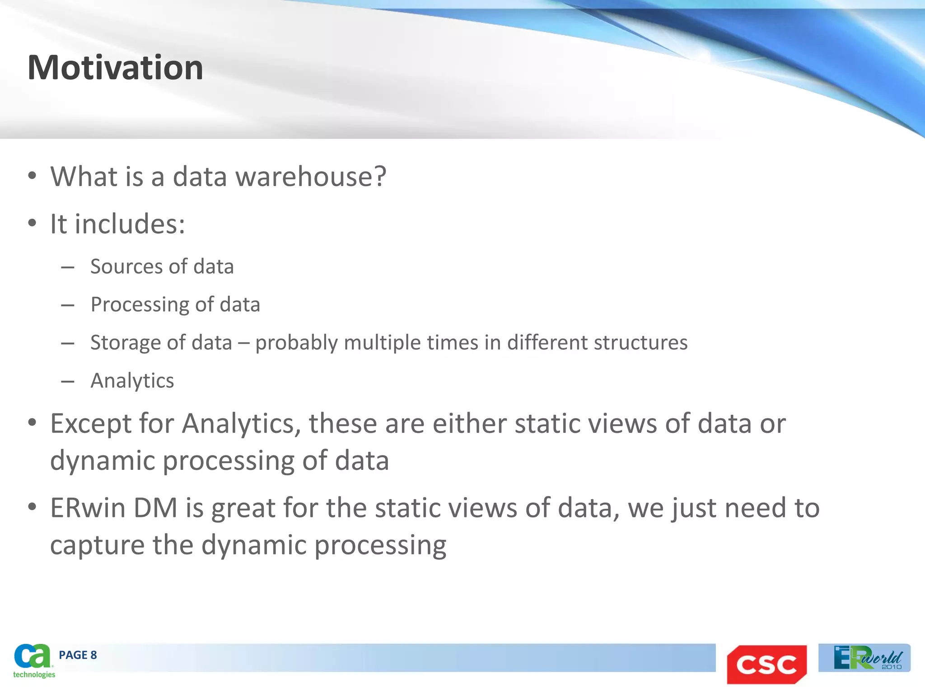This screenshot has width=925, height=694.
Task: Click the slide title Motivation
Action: pos(115,68)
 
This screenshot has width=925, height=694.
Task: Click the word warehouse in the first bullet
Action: pos(311,176)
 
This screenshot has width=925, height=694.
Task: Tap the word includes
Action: pos(130,224)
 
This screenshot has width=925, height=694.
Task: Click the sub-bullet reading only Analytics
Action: pos(132,381)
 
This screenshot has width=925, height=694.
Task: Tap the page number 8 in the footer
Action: pos(93,655)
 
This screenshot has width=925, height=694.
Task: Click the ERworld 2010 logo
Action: pos(864,658)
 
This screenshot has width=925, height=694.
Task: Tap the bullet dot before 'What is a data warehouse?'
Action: pos(32,176)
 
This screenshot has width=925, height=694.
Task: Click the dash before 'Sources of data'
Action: pos(68,267)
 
